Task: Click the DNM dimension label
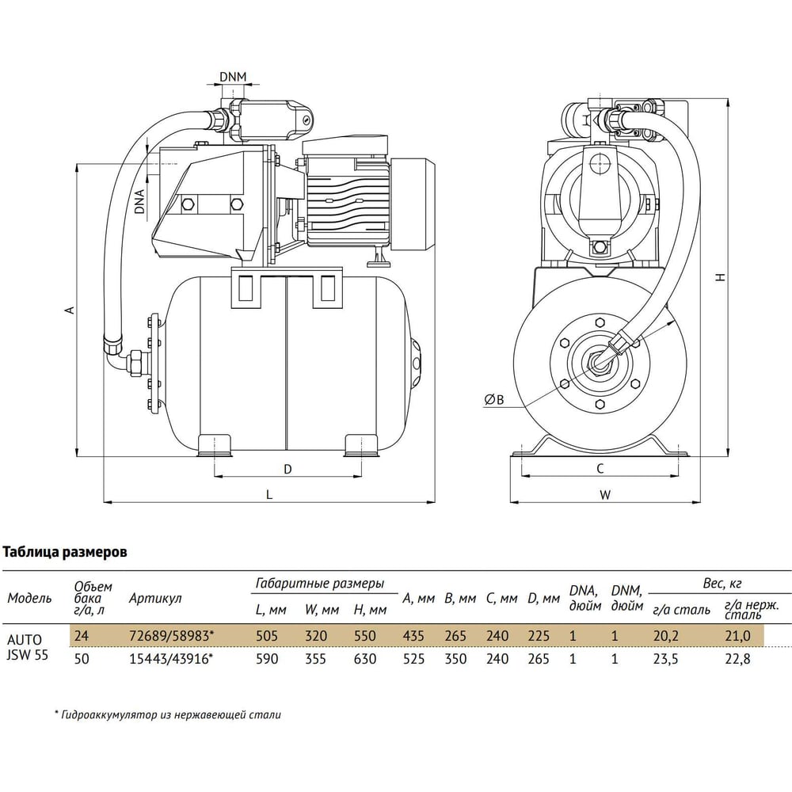click(233, 77)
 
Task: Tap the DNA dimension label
click(139, 201)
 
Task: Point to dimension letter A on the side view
click(70, 310)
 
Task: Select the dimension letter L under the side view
click(269, 495)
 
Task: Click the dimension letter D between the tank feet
click(288, 469)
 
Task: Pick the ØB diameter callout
click(493, 401)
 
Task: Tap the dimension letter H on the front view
click(719, 277)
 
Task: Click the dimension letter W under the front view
click(604, 495)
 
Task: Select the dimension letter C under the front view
click(600, 469)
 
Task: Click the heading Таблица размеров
click(65, 552)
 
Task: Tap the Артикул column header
click(155, 599)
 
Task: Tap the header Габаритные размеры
click(320, 584)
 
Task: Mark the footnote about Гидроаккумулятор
click(167, 714)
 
